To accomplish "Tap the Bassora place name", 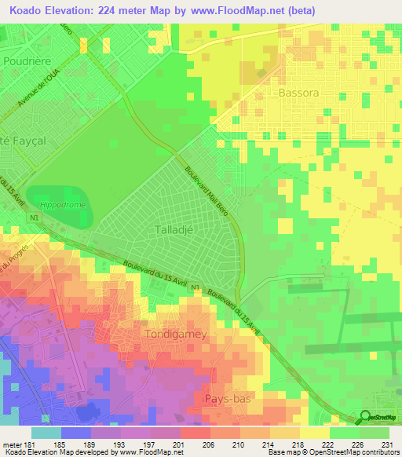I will [299, 93].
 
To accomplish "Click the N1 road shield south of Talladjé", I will [196, 287].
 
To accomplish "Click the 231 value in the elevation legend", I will [385, 444].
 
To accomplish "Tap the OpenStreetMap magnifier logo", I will [367, 419].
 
